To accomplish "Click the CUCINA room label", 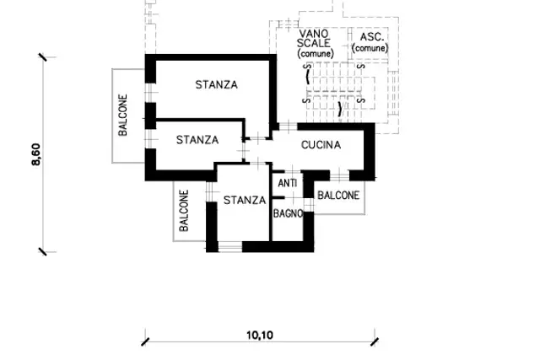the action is pos(321,145).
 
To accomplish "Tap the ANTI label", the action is pos(288,183).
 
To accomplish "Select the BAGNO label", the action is pos(288,214).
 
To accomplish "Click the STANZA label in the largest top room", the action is pos(216,84).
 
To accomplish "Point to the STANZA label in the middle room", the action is pos(197,140).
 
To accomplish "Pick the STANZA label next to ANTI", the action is pos(245,200).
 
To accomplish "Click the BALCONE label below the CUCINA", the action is pos(338,196).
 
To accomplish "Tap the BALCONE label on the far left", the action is pos(122,115).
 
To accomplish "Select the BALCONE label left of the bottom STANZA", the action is pos(184,211).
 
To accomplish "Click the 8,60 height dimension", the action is pos(35,154).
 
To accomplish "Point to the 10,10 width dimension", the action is pos(260,335).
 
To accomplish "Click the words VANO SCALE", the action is pos(314,39).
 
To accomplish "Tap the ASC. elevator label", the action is pos(371,37).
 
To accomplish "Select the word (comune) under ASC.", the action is pos(370,48).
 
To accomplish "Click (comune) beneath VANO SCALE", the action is pos(316,54).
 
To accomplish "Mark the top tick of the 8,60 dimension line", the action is pos(43,57).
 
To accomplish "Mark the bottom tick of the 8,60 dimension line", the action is pos(43,252).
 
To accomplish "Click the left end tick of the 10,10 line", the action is pos(145,341).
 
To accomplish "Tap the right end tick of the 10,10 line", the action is pos(375,341).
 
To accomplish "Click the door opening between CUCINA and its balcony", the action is pos(340,175).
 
